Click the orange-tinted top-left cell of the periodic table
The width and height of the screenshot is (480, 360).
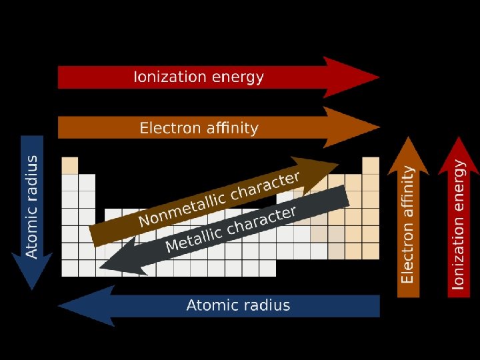[70, 165]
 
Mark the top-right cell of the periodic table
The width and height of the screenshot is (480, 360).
[371, 165]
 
